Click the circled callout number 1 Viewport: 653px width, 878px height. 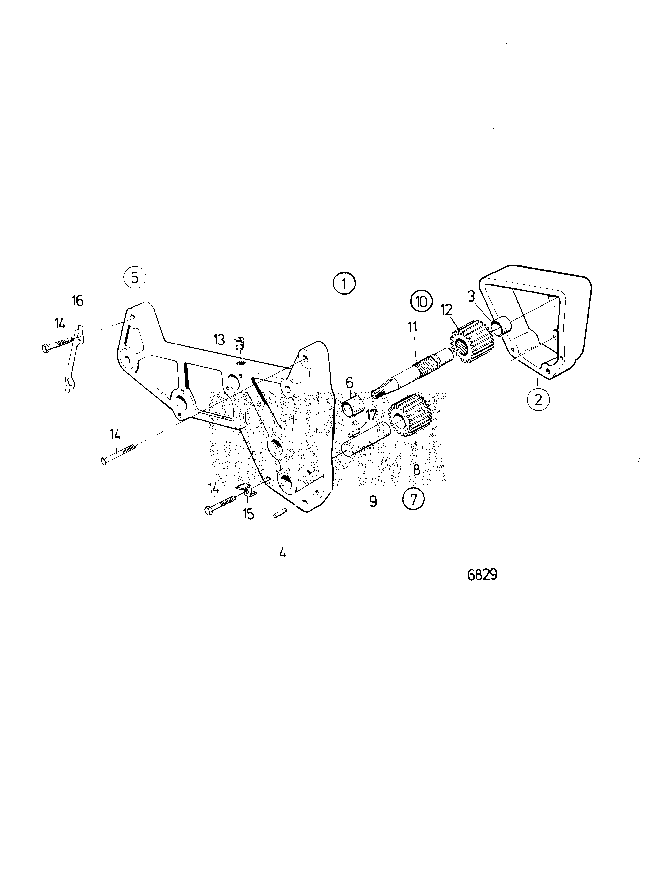coord(344,284)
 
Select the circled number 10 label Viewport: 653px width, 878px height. coord(421,302)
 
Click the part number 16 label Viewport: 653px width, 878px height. coord(78,301)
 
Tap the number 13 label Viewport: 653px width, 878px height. coord(219,340)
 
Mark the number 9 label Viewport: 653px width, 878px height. coord(373,502)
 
